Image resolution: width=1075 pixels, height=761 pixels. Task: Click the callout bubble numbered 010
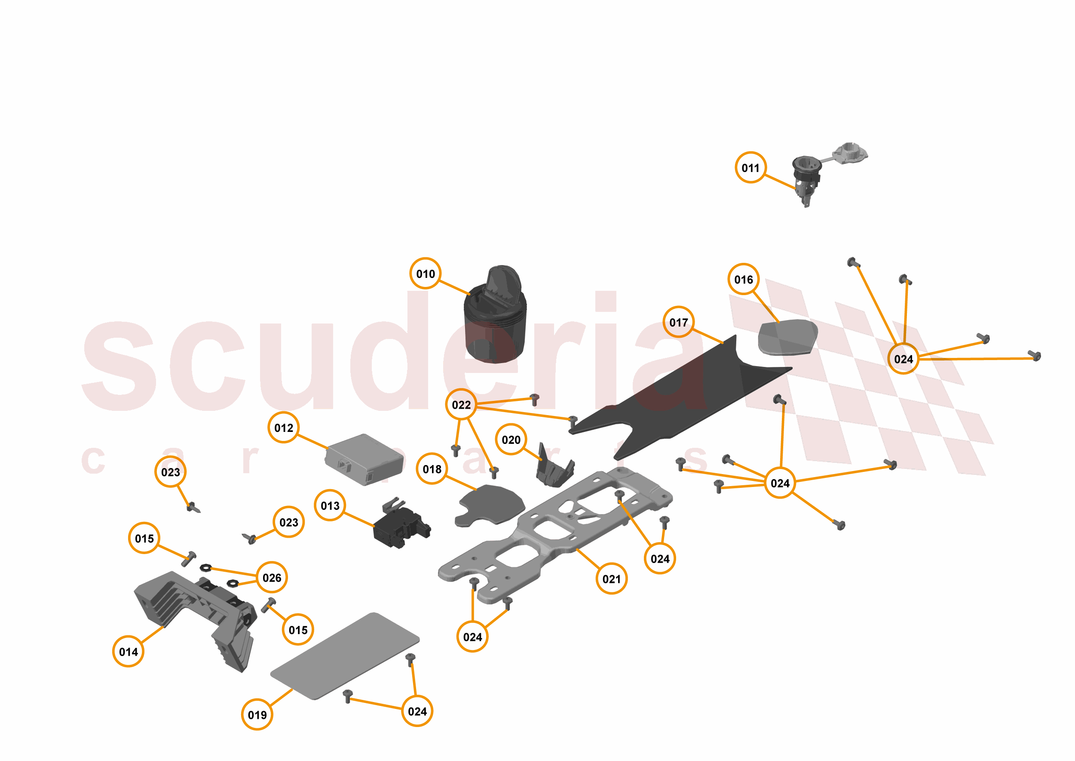(x=425, y=274)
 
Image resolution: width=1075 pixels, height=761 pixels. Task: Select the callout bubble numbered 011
(x=750, y=168)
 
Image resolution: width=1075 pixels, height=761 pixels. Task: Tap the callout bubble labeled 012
(x=284, y=428)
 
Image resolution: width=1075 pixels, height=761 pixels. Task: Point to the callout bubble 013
(x=330, y=505)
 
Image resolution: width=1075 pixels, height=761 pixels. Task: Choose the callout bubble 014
(x=128, y=651)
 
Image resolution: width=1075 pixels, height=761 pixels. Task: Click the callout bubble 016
(x=744, y=279)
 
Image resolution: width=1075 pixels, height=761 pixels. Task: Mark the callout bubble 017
(x=678, y=322)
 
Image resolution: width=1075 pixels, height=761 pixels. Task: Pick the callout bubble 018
(x=432, y=469)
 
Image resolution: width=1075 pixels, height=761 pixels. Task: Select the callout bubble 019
(x=257, y=715)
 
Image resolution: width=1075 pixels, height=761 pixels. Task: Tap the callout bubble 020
(x=511, y=440)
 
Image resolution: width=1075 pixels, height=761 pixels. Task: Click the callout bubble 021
(x=612, y=579)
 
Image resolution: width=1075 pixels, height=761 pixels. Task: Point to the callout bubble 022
(x=461, y=405)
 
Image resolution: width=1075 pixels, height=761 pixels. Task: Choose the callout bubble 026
(x=272, y=577)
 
